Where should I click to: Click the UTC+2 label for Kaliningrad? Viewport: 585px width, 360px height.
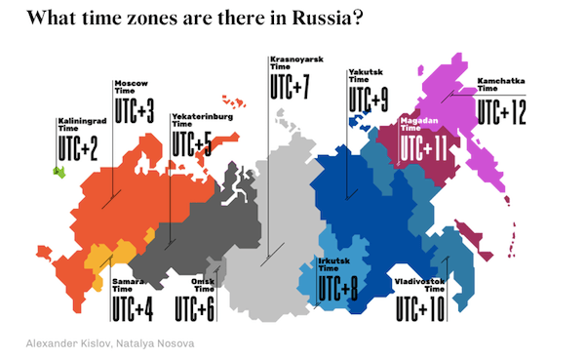(78, 147)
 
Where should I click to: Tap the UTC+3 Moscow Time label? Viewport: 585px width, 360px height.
(135, 109)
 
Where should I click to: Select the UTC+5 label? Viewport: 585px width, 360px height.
(192, 143)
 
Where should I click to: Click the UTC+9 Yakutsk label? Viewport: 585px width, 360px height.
(368, 99)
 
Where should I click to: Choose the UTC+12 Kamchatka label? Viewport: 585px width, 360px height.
(501, 112)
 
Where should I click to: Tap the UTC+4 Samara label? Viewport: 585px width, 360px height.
(133, 307)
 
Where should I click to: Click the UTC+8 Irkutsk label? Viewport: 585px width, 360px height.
(338, 289)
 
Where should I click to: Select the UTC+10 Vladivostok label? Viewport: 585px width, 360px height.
(420, 307)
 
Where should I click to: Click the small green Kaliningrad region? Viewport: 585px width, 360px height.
(59, 172)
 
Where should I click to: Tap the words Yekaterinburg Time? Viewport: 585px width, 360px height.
(200, 120)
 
